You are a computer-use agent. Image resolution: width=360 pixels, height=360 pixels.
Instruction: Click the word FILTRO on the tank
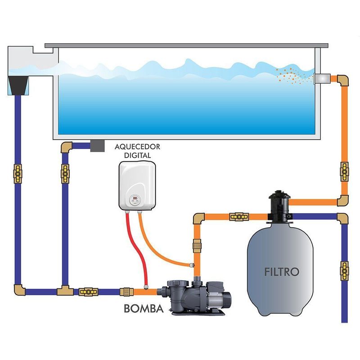[282, 271]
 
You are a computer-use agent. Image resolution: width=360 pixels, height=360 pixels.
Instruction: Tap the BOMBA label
[143, 309]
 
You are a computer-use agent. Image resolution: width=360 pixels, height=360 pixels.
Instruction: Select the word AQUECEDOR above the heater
[137, 147]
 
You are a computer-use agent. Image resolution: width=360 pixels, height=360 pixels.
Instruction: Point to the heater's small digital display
[135, 198]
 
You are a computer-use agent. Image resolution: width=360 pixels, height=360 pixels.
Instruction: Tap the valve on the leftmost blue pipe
[18, 172]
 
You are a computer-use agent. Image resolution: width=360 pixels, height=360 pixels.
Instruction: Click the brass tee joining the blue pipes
[63, 290]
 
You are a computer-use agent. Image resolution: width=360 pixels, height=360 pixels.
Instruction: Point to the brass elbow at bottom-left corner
[19, 290]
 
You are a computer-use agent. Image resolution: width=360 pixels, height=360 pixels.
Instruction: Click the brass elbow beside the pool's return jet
[342, 80]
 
